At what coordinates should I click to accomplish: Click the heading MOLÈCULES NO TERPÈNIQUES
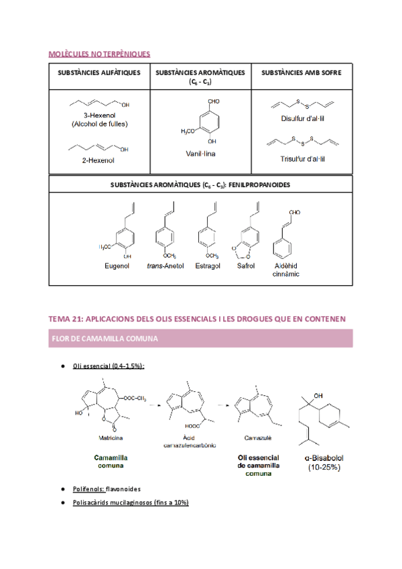click(x=100, y=54)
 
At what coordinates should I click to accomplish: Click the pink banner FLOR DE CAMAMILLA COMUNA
click(x=200, y=338)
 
